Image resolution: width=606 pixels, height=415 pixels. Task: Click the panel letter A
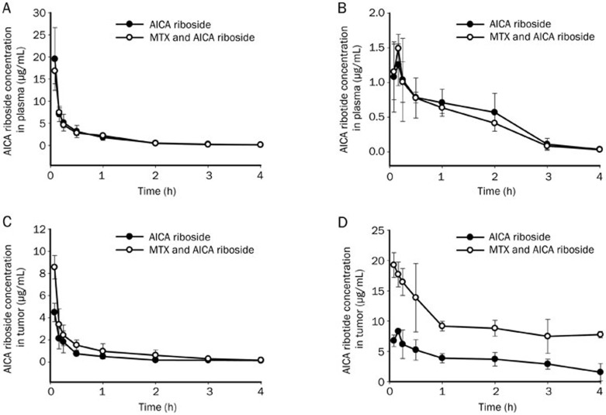coord(5,6)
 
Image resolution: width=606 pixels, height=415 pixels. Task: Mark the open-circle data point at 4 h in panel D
coord(600,334)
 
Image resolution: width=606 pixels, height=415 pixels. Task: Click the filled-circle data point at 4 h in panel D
coord(600,372)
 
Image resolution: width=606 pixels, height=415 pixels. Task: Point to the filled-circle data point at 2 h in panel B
coord(494,112)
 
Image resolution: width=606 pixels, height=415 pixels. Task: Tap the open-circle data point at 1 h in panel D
coord(442,326)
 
